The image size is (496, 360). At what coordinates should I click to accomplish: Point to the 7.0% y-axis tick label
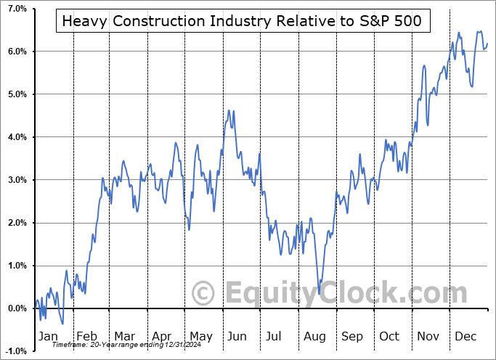[x=15, y=9]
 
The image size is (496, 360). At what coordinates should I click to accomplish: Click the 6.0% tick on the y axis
[x=15, y=52]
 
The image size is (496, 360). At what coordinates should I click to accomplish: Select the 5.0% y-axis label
[x=15, y=94]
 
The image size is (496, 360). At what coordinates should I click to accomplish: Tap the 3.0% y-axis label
[x=15, y=180]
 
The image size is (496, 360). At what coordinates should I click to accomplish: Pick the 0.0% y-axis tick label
[x=15, y=308]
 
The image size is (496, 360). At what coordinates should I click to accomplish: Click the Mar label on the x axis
[x=124, y=336]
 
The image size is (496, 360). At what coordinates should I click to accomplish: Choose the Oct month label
[x=389, y=336]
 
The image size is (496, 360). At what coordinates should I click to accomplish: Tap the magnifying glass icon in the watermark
[x=203, y=293]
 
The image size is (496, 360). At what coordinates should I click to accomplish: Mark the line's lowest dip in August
[x=319, y=293]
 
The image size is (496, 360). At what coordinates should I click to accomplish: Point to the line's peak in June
[x=229, y=110]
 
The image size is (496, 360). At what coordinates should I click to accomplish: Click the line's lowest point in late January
[x=62, y=324]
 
